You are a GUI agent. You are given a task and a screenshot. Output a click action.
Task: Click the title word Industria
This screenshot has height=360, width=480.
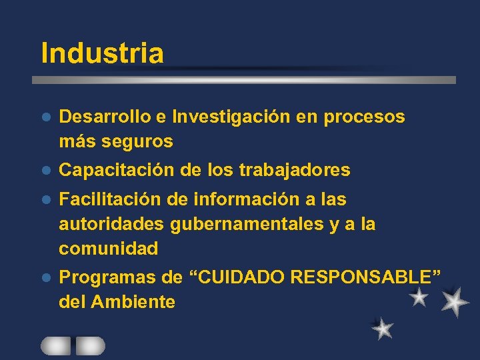coord(102,53)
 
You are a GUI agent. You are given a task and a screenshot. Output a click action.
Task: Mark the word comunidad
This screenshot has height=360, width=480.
coord(109,249)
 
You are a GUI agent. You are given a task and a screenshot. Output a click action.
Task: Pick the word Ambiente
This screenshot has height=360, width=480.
coord(133,302)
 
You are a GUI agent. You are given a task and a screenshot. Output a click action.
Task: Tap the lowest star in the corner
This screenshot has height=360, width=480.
coord(383,328)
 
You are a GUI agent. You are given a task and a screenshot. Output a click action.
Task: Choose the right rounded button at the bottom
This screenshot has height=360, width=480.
coord(91,345)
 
